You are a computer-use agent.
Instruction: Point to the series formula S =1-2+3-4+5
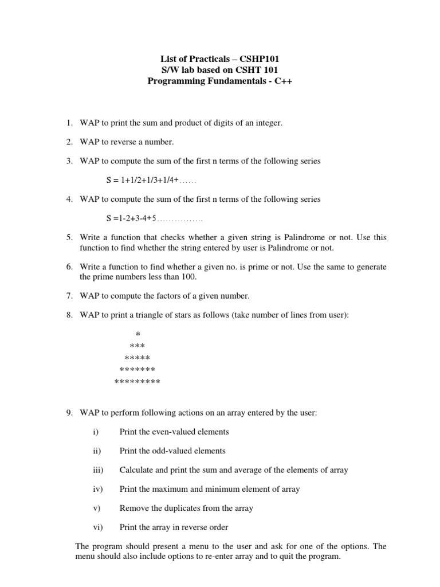point(131,218)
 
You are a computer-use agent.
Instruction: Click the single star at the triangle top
point(137,334)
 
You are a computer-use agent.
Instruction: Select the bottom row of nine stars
point(137,381)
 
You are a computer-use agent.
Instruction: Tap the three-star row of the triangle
point(137,346)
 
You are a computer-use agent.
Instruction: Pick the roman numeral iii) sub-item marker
point(97,469)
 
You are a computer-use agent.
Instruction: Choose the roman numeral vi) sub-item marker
point(97,527)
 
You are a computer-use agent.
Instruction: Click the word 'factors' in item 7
point(164,296)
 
